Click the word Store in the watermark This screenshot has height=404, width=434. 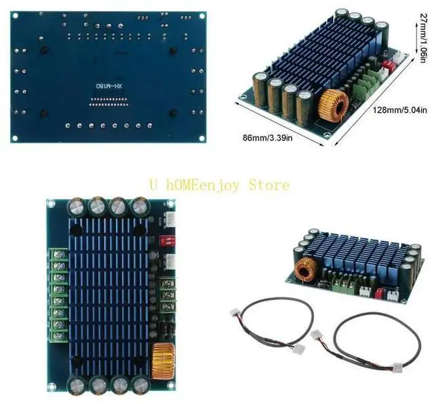coord(267,184)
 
